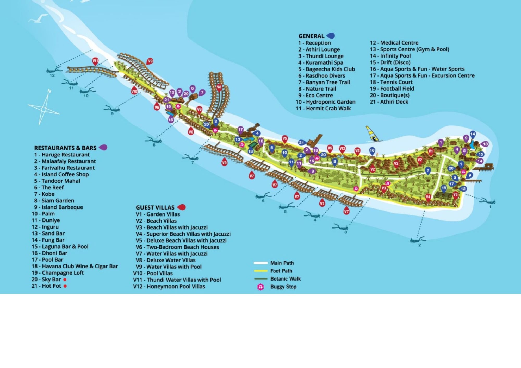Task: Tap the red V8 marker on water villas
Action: point(219,87)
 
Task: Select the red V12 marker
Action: point(342,149)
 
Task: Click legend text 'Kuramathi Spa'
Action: point(324,62)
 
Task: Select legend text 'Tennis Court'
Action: point(396,82)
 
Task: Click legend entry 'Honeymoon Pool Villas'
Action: point(176,287)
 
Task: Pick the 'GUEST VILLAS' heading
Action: point(155,207)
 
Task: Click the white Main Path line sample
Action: point(261,263)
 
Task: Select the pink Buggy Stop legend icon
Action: point(260,287)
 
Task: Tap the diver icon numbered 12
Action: point(54,70)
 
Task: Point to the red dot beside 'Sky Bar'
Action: point(65,280)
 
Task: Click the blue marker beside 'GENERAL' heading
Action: point(331,36)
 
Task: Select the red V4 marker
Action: point(428,197)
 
